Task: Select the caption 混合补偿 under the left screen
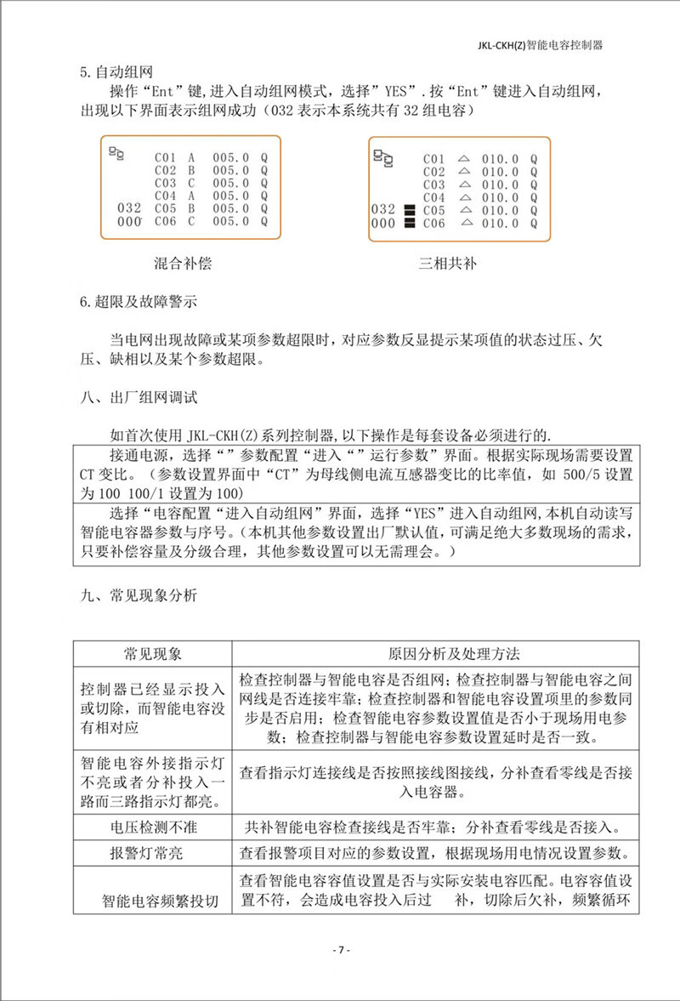tap(177, 264)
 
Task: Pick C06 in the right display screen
tap(433, 223)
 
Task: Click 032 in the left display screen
tap(128, 208)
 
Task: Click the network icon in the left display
tap(116, 153)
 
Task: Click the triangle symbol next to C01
tap(464, 158)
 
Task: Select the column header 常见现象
tap(152, 653)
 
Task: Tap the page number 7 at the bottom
tap(339, 950)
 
